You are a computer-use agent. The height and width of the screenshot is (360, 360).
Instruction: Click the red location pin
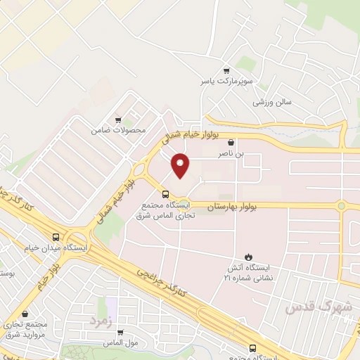181,165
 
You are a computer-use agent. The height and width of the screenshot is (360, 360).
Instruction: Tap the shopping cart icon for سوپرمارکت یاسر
226,70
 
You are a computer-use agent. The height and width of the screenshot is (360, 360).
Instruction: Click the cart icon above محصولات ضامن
117,120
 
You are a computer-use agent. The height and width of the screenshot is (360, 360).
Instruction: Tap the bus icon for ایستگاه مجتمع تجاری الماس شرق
166,193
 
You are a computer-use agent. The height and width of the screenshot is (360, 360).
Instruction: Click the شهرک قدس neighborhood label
318,308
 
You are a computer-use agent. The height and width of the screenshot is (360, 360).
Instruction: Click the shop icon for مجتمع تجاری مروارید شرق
26,314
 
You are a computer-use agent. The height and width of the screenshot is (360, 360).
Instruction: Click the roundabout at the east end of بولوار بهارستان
342,206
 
